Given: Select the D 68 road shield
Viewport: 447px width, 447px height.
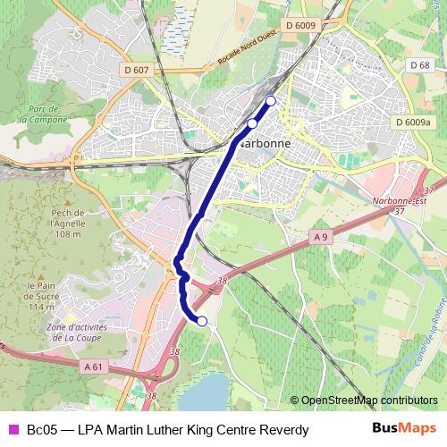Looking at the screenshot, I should tap(419, 65).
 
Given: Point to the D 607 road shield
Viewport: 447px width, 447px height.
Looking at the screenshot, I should tap(138, 70).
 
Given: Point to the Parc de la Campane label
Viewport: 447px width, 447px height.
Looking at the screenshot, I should tap(42, 113).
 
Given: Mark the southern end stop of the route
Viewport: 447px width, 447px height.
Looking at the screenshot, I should tap(202, 321).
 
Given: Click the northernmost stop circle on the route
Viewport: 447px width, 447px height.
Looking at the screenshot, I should tap(271, 100).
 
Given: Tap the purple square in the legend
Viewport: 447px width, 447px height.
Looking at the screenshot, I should tap(13, 430).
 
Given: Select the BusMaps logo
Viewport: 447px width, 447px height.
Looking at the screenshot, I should tap(403, 429).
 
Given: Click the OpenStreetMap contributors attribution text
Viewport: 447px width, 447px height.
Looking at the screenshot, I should tap(368, 401).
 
